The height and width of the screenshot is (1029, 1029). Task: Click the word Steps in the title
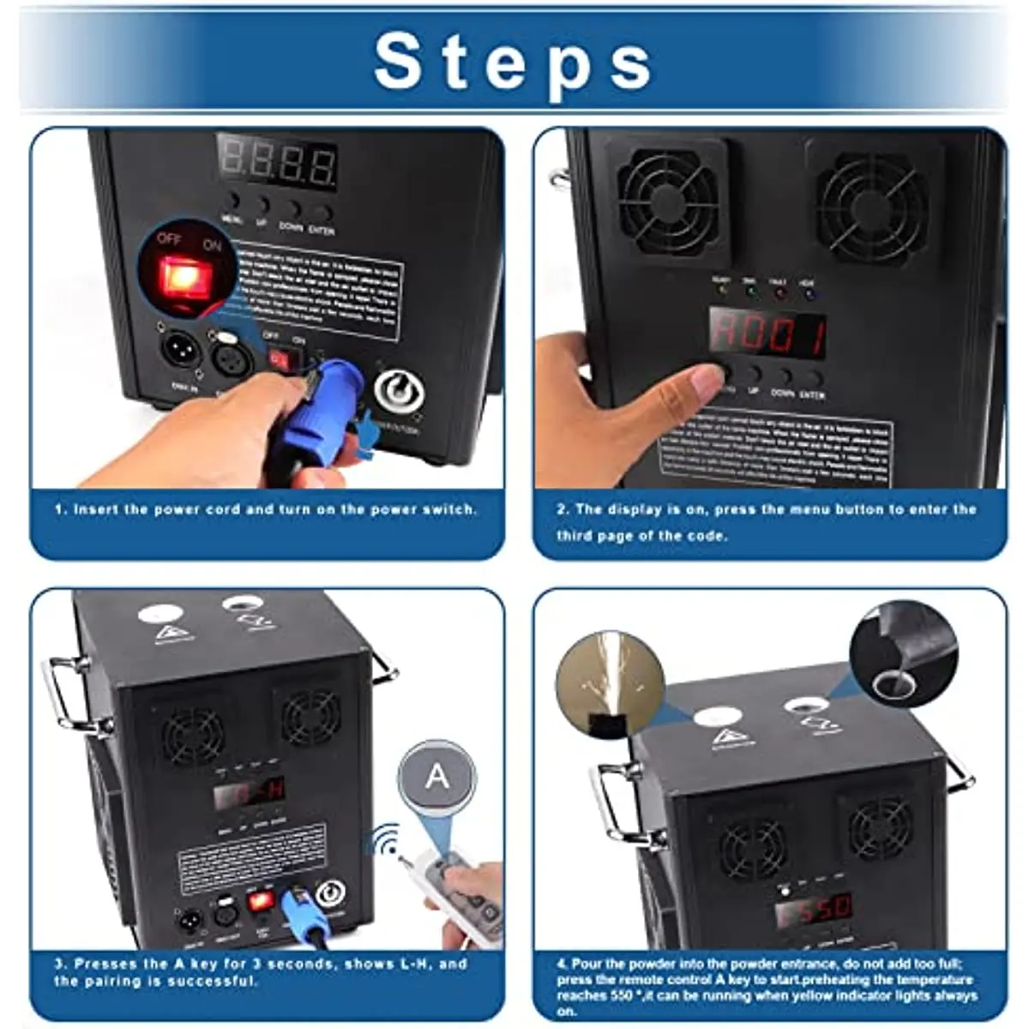pos(513,62)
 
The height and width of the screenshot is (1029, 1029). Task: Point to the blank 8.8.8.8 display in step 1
pos(277,161)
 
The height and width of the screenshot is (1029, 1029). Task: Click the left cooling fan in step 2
pos(668,202)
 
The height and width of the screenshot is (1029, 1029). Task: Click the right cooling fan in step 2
pos(871,205)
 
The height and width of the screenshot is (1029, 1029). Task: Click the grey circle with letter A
pos(436,777)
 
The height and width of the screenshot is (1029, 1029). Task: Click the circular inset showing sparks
pos(609,687)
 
